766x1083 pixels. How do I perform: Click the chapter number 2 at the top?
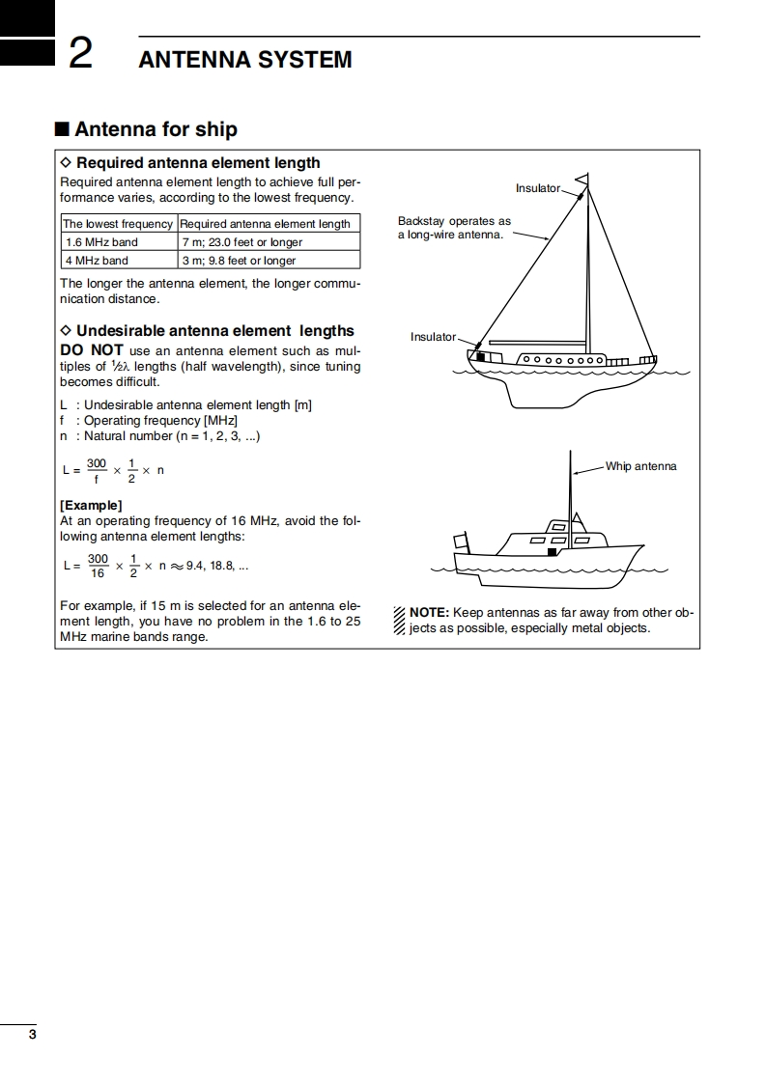tap(80, 55)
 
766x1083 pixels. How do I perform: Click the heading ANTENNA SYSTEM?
tap(245, 60)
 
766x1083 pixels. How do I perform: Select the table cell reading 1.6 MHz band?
tap(100, 242)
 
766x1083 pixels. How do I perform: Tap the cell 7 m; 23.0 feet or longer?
tap(242, 242)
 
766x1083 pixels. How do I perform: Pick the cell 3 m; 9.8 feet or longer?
tap(239, 261)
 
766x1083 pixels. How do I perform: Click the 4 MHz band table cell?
tap(97, 261)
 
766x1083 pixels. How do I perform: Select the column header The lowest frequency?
tap(118, 224)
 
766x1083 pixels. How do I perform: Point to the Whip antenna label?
tap(640, 466)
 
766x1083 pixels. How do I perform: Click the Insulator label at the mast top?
tap(537, 188)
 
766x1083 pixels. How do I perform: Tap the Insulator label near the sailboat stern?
tap(433, 337)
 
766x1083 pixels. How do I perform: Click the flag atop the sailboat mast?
tap(582, 180)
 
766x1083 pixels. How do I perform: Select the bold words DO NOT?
tap(91, 350)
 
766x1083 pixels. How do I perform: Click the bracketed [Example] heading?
tap(91, 505)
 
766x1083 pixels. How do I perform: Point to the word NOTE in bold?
tap(429, 613)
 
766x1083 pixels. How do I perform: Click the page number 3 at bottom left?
tap(32, 1035)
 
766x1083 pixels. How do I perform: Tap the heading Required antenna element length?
tap(197, 163)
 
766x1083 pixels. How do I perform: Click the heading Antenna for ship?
tap(156, 129)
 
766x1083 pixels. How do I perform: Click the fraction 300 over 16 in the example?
tap(98, 566)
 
